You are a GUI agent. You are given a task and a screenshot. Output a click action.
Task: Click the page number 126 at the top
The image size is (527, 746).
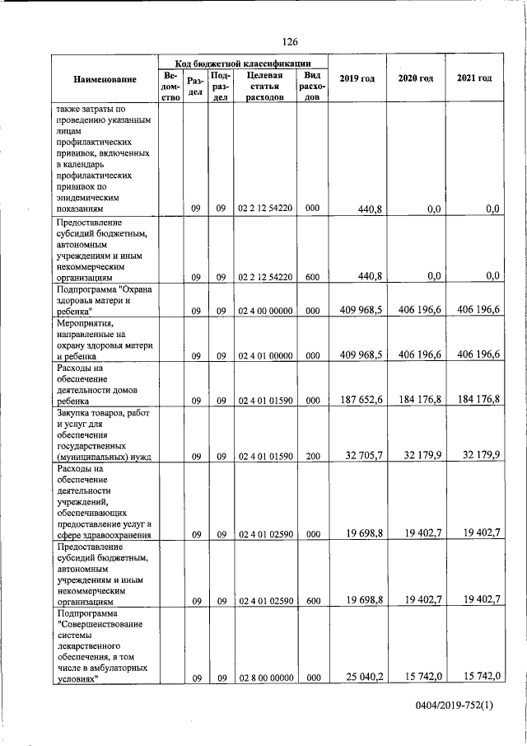point(289,42)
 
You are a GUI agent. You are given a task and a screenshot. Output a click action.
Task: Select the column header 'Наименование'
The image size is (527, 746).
point(105,79)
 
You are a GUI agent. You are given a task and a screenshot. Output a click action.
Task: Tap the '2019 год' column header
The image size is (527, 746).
point(357,78)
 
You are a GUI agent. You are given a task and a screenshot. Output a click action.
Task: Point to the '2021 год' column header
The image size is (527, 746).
point(474,78)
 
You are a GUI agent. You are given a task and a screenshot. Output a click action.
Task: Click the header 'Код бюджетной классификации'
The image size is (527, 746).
point(243,63)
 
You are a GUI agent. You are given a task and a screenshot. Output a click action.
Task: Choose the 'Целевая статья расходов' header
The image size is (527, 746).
point(264,86)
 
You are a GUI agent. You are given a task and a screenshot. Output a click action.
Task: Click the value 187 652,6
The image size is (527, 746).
point(360,400)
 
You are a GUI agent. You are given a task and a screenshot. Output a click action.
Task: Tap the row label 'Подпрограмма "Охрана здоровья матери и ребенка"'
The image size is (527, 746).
point(105,300)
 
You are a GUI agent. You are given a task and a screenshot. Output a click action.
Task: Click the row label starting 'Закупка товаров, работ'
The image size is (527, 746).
point(105,414)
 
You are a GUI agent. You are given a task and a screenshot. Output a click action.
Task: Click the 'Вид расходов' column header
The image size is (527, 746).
point(312,86)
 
